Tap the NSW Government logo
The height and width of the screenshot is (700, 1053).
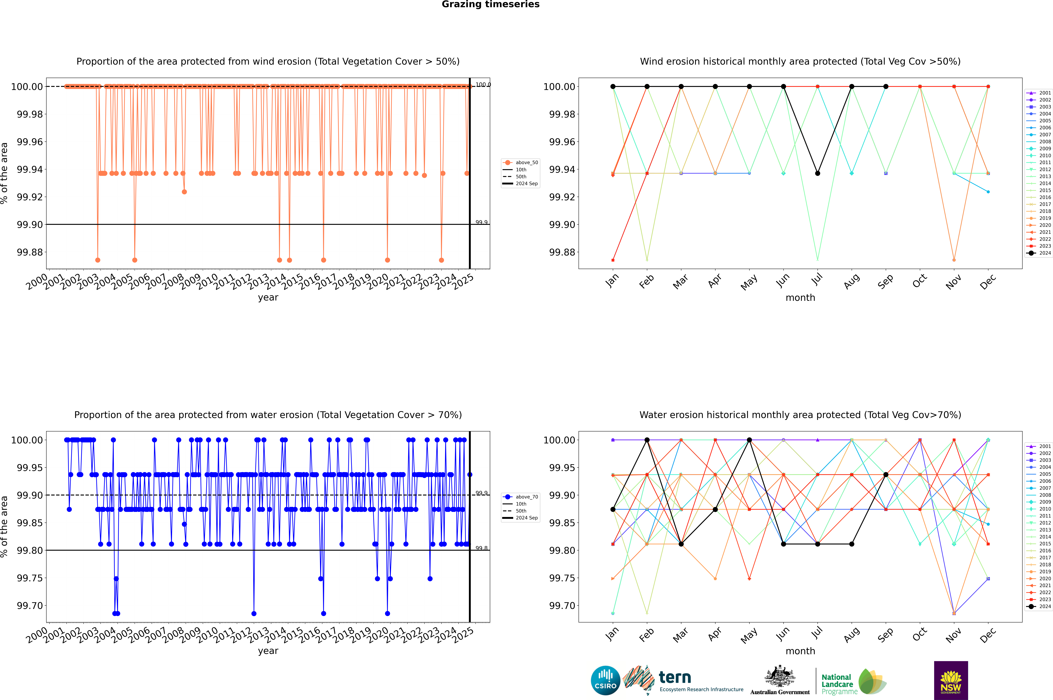tap(951, 680)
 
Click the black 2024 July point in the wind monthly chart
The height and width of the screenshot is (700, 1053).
tap(817, 173)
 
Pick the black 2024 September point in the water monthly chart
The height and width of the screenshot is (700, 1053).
tap(886, 475)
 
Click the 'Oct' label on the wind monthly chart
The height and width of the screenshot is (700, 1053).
tap(920, 281)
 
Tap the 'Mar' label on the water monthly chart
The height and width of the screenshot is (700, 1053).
tap(680, 635)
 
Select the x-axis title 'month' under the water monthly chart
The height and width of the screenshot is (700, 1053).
tap(800, 651)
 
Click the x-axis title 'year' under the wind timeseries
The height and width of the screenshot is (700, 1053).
tap(268, 297)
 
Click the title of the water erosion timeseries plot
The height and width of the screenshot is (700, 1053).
tap(268, 415)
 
